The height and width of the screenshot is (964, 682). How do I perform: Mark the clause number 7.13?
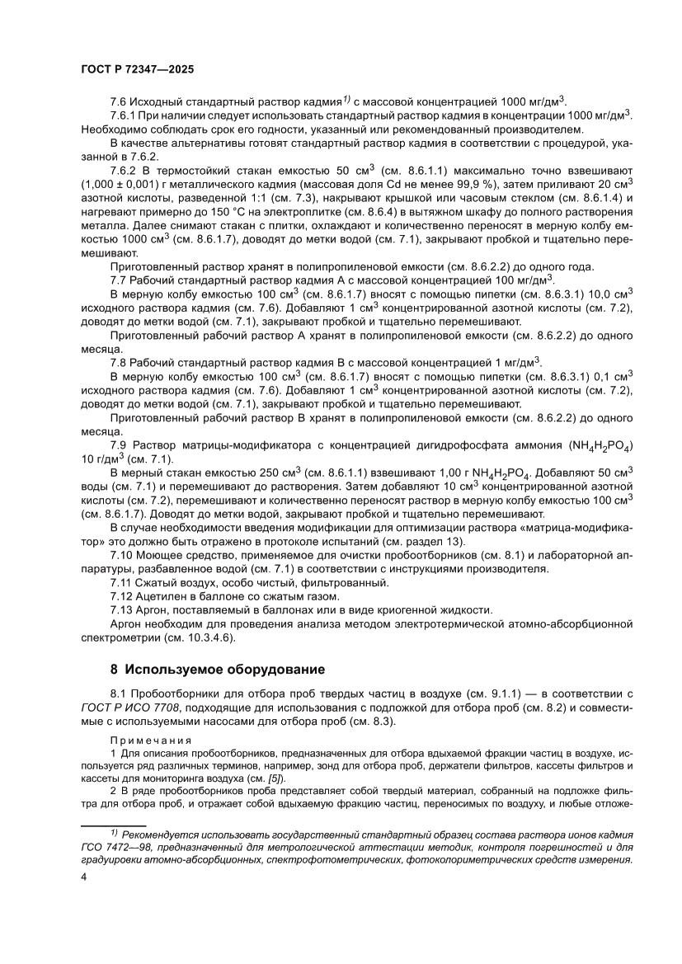tap(123, 610)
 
